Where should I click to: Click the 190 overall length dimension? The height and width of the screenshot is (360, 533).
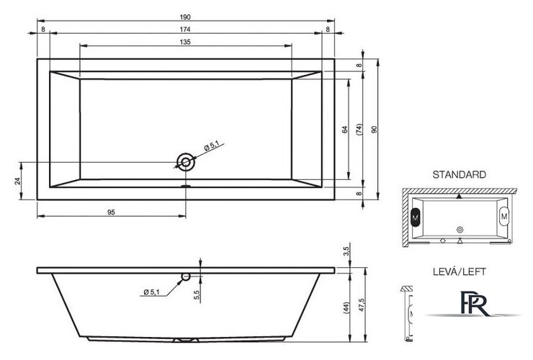click(x=185, y=17)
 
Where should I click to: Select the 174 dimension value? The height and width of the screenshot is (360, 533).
click(x=185, y=30)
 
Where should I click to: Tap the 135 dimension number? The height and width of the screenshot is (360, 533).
click(x=185, y=42)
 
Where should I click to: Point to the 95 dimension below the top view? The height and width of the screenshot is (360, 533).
click(x=111, y=212)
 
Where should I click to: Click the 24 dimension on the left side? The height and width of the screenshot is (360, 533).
click(x=18, y=181)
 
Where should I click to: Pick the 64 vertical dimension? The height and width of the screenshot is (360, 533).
click(x=345, y=130)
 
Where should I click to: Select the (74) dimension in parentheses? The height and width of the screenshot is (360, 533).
click(x=359, y=130)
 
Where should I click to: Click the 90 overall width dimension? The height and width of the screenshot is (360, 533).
click(x=374, y=130)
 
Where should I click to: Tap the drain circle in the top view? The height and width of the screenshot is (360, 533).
click(x=186, y=162)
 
